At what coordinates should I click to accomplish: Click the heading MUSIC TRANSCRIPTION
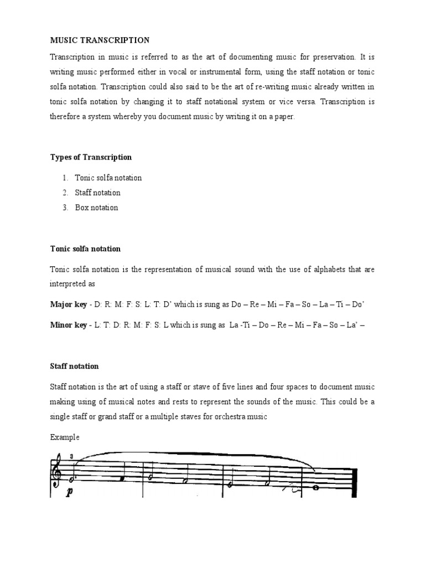coord(100,40)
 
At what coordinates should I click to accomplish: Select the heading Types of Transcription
coord(91,157)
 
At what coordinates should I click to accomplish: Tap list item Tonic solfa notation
coord(108,178)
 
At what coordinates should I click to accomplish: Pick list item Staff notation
coord(97,193)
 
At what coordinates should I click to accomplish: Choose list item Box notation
coord(96,208)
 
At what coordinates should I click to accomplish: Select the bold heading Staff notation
coord(74,366)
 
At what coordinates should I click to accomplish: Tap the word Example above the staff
coord(65,437)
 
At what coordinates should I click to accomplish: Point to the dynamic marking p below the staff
coord(70,492)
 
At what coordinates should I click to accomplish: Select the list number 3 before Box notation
coord(64,208)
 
